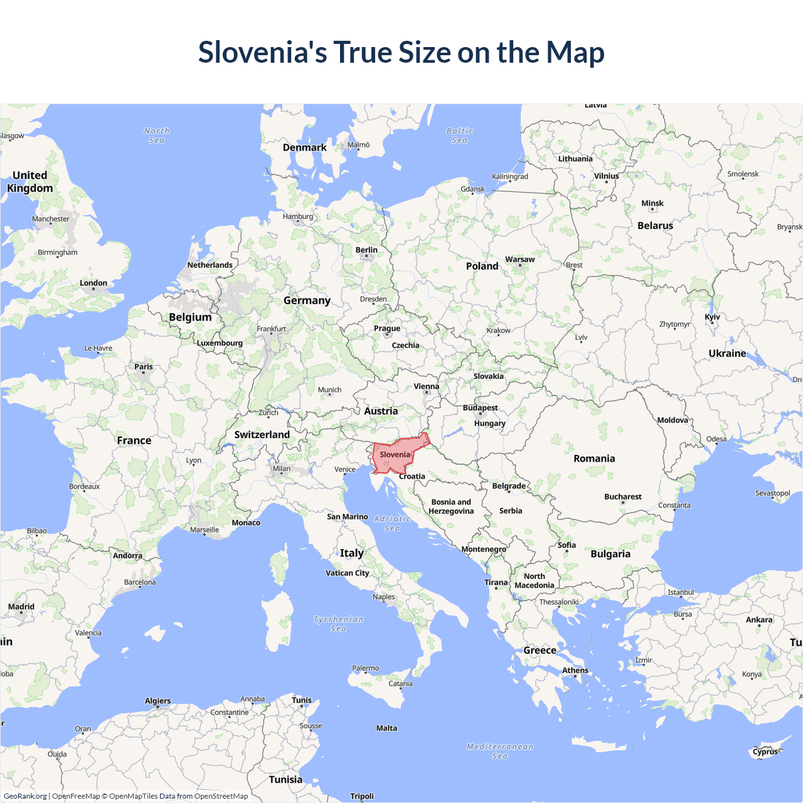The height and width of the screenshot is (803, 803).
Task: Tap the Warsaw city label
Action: (x=520, y=259)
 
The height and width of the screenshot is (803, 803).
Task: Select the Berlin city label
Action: (x=366, y=250)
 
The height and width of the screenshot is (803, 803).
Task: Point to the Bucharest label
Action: (x=622, y=496)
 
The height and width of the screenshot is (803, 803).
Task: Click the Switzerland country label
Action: (x=262, y=434)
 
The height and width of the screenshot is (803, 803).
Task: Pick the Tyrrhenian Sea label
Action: (x=338, y=624)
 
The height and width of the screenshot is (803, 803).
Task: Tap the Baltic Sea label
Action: (x=460, y=136)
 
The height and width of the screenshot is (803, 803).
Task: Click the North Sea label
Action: (x=157, y=136)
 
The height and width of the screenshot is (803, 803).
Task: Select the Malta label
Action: (x=386, y=728)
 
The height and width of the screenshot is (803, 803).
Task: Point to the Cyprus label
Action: (x=765, y=751)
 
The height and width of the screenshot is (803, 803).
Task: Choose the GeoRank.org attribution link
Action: (x=25, y=796)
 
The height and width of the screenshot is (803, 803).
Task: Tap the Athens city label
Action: (x=575, y=670)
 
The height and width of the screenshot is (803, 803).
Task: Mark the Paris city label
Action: (x=144, y=366)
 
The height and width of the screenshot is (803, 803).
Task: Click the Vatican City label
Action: (x=348, y=573)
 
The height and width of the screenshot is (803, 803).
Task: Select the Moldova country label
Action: (x=673, y=420)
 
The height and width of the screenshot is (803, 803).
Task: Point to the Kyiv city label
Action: (x=712, y=317)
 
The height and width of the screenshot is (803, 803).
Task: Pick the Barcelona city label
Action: (x=140, y=582)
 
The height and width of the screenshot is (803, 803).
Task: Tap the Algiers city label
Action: (x=157, y=701)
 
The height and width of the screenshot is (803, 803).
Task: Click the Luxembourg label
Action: (x=220, y=343)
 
